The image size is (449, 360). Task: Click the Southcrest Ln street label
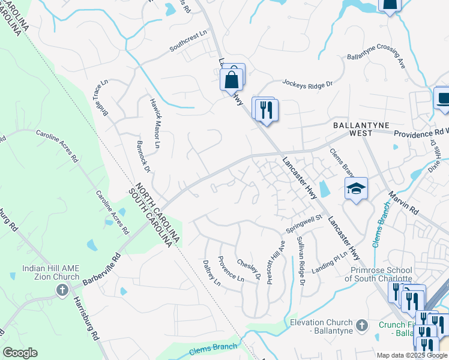point(188,45)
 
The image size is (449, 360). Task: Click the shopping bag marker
point(231,79)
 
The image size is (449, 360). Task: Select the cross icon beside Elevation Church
point(361,325)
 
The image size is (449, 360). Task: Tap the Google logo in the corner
point(20,353)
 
